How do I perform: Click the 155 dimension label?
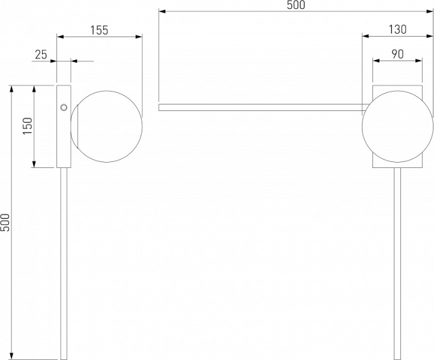coord(99,30)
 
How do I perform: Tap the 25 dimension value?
coord(41,55)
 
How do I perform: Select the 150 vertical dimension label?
coord(28,126)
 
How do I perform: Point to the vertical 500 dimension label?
coord(5,222)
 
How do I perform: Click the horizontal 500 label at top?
coord(296,5)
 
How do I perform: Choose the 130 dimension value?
coord(397,29)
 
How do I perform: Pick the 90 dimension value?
coord(397,54)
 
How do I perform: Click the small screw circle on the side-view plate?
coord(64,107)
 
